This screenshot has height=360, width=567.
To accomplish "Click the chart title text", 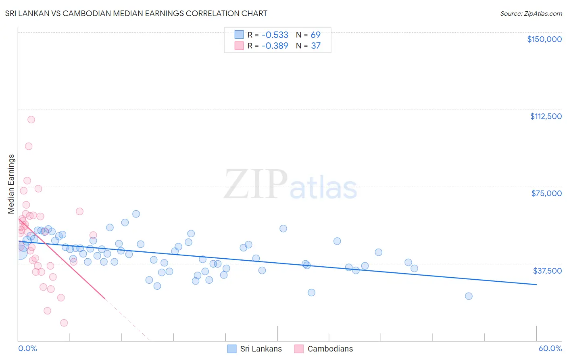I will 136,13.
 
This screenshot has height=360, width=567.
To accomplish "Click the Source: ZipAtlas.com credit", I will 531,13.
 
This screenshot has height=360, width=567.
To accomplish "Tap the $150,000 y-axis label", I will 544,39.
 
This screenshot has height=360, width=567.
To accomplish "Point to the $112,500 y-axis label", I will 546,116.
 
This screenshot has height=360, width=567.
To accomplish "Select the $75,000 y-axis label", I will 546,193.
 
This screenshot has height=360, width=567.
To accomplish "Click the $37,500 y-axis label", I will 547,271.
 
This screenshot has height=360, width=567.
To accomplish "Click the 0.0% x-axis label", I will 27,348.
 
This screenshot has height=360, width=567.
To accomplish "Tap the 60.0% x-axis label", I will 550,348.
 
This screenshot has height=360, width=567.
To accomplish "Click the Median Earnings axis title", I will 11,184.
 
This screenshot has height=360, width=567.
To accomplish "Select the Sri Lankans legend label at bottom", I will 261,349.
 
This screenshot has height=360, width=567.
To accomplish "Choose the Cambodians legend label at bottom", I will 330,349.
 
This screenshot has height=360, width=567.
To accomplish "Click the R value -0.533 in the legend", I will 275,35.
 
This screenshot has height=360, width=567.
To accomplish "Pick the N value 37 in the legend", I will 316,46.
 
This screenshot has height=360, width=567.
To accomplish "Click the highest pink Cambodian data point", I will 31,119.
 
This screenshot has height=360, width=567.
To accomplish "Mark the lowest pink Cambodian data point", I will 64,323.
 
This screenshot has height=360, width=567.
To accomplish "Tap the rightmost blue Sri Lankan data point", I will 469,296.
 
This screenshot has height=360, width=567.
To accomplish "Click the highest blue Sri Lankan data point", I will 136,214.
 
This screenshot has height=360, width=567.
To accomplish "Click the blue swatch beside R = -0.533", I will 239,35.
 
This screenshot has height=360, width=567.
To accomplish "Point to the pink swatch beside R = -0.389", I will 239,46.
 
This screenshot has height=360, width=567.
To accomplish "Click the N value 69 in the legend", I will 315,35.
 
